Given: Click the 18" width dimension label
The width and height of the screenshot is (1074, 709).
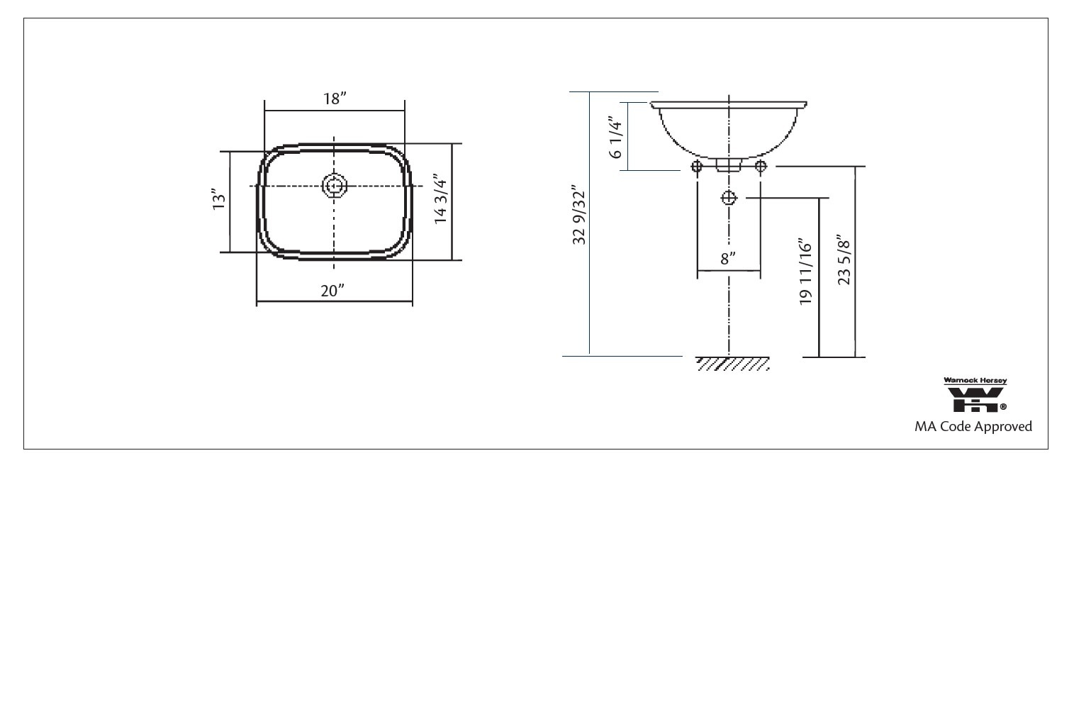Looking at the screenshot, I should tap(335, 99).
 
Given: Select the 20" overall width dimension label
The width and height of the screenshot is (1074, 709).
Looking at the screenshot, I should tap(332, 291).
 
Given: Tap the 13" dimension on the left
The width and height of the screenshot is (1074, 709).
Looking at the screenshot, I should tap(219, 199).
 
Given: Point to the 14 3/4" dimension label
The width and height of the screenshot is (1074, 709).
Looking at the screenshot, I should tap(441, 199).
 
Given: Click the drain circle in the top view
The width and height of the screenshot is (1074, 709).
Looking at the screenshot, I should tap(334, 186).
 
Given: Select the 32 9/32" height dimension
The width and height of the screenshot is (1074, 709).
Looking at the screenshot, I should tap(579, 217).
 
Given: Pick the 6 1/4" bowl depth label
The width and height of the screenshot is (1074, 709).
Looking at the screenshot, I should tap(615, 138).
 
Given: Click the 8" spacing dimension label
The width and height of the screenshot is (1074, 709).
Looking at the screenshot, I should tap(728, 259).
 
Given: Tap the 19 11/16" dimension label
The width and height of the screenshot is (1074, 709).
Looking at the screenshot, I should tap(805, 272).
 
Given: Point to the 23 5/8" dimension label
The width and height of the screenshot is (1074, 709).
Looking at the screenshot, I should tap(844, 259).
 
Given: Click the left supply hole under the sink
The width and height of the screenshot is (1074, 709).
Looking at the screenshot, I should tap(697, 167).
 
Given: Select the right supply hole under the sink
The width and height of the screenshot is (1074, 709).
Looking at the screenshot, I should tap(761, 167).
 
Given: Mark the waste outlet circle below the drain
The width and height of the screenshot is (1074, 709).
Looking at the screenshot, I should tap(729, 198).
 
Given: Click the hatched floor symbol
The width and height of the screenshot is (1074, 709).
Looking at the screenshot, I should tap(733, 364).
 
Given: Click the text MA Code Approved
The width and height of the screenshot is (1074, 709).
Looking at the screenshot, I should tap(973, 427).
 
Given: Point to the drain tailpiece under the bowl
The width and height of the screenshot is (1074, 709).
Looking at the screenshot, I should tap(728, 164).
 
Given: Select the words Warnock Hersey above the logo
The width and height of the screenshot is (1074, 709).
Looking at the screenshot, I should tap(975, 381).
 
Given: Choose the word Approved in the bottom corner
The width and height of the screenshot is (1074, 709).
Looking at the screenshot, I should tap(1003, 427).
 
